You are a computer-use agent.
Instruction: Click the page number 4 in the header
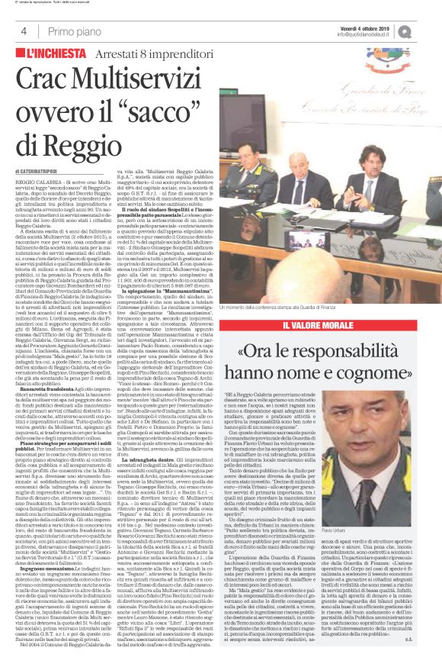(24, 31)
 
